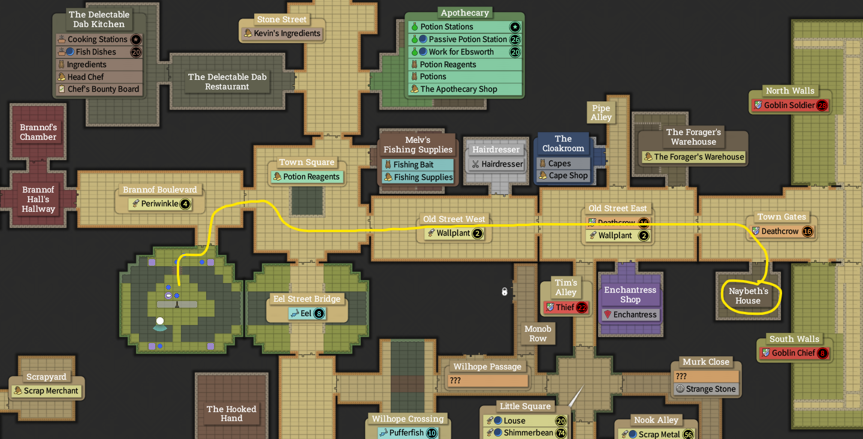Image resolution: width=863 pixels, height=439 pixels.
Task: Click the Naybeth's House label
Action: click(748, 296)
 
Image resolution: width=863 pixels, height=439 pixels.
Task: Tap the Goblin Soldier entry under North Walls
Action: click(790, 106)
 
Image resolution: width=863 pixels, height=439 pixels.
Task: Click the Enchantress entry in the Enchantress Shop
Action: click(630, 315)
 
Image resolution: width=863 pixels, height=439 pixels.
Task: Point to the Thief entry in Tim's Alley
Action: click(565, 308)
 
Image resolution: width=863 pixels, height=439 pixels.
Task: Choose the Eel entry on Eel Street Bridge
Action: click(306, 313)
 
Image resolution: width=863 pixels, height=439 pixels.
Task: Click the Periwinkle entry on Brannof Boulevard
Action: click(160, 204)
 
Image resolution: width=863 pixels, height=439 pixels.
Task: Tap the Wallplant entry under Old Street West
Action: click(453, 233)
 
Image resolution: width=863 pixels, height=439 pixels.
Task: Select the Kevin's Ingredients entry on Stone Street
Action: click(282, 34)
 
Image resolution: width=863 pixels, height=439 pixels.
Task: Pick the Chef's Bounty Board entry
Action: click(99, 89)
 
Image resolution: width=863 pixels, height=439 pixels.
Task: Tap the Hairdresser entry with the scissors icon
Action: click(497, 164)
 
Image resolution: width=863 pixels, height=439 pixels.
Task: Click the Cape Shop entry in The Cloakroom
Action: click(563, 176)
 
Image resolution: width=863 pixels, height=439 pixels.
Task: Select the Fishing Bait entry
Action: click(414, 165)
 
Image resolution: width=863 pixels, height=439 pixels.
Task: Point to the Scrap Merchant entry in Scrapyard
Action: click(46, 391)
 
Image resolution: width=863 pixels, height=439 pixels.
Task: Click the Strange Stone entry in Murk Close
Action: click(705, 389)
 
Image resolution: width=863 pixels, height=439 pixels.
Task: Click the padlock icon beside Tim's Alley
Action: click(505, 292)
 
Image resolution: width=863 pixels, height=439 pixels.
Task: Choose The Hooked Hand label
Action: click(231, 414)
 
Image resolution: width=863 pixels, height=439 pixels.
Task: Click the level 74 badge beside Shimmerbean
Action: click(561, 433)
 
